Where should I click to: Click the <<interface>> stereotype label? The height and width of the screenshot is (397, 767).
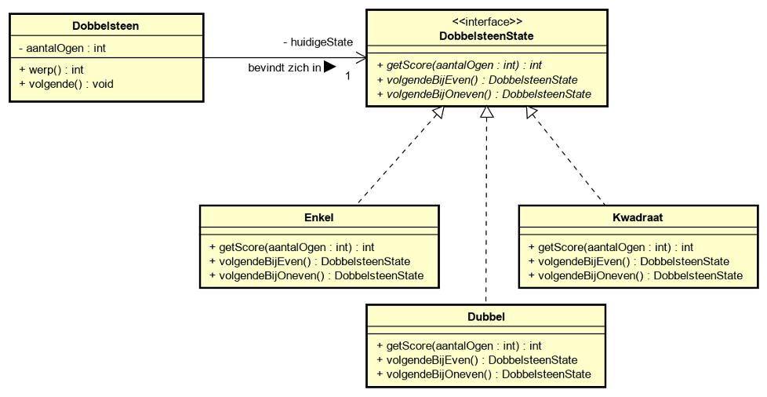pos(487,23)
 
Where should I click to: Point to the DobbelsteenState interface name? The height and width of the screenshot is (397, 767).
pos(487,36)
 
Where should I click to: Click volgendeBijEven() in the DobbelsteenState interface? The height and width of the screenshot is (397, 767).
pos(478,80)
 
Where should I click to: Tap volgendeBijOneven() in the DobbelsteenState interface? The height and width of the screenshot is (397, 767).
pos(484,94)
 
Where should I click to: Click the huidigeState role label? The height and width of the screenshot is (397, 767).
pos(318,42)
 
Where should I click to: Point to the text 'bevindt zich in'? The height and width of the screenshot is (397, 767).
pos(285,68)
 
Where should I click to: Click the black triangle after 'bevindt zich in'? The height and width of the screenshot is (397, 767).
pos(329,67)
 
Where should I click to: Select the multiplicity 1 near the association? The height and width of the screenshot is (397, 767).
pos(347,75)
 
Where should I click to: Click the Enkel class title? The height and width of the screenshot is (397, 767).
pos(318,215)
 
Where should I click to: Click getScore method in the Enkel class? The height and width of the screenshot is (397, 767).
pos(292,246)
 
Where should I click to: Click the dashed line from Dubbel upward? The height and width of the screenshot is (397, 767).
pos(486,212)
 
